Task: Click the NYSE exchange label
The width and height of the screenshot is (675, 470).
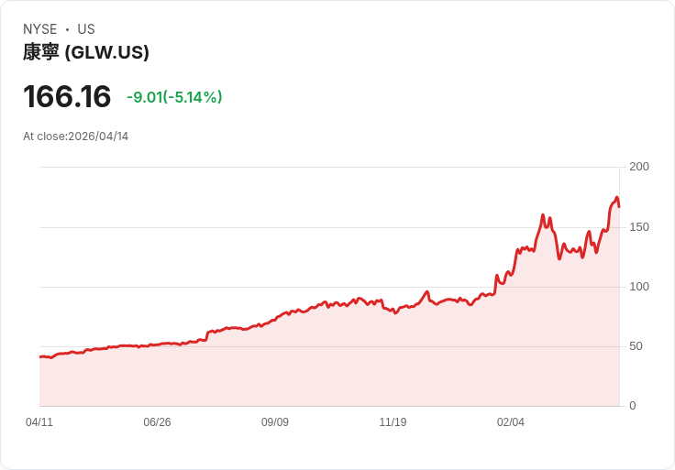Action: [x=39, y=29]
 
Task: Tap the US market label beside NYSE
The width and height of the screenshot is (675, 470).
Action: [x=86, y=29]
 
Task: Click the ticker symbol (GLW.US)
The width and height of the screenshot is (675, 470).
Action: [x=107, y=52]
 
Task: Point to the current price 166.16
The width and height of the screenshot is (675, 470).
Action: [x=67, y=96]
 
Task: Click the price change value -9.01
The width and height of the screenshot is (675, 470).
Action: [x=144, y=97]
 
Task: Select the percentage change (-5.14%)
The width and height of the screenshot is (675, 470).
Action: [x=193, y=97]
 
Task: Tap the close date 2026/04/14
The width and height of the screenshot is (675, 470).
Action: [x=98, y=137]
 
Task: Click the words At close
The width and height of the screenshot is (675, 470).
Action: [x=43, y=137]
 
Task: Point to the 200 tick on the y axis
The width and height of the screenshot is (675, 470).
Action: [x=639, y=167]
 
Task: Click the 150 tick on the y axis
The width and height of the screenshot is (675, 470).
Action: [x=639, y=226]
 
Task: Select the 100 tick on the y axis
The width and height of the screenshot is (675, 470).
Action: [x=639, y=287]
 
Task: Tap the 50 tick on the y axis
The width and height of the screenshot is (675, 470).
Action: [x=636, y=346]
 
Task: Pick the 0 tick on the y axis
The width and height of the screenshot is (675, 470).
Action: [x=633, y=406]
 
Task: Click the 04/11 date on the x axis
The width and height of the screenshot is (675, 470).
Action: [x=39, y=422]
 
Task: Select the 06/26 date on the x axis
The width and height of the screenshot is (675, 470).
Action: [x=157, y=422]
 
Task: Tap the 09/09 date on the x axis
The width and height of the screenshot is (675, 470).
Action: [x=275, y=422]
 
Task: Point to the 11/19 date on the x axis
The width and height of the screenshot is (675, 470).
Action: [x=393, y=422]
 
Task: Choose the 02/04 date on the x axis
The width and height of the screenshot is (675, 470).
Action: [x=511, y=422]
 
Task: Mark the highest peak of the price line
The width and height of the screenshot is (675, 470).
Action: [x=617, y=197]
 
